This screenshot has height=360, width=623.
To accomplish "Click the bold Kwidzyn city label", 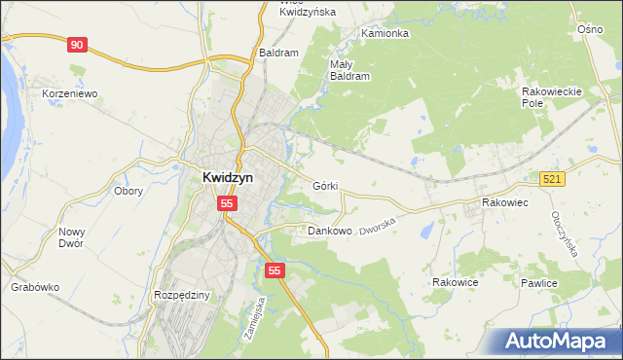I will click(234, 178).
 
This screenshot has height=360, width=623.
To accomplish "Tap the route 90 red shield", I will click(78, 44).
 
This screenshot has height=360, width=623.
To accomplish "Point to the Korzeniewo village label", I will click(71, 94).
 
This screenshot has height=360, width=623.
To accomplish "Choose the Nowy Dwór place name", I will click(71, 237).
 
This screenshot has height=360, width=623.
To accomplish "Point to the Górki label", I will click(325, 185).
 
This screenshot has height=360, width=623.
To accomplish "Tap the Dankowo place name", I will click(329, 232).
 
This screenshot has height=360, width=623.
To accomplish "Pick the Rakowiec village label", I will click(504, 202).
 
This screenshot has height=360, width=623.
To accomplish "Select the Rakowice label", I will click(455, 282).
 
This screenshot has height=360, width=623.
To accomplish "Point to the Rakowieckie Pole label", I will click(551, 96).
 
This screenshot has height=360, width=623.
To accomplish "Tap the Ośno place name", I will click(590, 30).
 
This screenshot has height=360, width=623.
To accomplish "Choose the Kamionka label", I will click(385, 33).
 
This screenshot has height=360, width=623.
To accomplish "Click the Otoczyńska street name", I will click(565, 234).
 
